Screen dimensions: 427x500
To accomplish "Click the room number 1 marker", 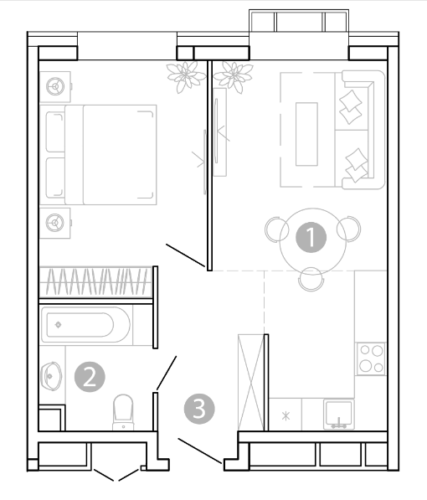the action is (x=311, y=238).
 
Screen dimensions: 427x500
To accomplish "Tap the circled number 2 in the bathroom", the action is (x=90, y=377).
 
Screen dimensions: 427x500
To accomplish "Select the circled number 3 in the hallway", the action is (x=199, y=409).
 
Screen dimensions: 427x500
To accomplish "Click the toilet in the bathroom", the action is (x=123, y=413).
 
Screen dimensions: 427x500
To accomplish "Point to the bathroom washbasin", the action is (x=51, y=376).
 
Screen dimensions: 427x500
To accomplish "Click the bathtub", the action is (x=85, y=325).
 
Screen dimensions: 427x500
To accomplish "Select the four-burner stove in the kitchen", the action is (x=371, y=358).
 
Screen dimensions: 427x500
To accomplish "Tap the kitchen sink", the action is (x=338, y=414).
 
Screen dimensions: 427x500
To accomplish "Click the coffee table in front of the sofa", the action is (x=306, y=134).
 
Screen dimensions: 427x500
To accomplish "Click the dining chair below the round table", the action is (x=311, y=280).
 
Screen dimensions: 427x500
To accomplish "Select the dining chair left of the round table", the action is (x=276, y=229).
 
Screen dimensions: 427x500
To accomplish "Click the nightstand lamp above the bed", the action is (x=55, y=86).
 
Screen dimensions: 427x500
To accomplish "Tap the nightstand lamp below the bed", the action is (x=55, y=223).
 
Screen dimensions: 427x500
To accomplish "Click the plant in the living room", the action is (x=233, y=77).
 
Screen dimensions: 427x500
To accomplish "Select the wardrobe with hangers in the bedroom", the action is (x=95, y=282).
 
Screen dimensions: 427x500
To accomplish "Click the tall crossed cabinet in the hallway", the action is (x=251, y=382).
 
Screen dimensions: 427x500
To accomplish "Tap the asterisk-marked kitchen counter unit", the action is (x=286, y=415).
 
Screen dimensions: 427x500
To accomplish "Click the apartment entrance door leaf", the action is (x=199, y=451).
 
